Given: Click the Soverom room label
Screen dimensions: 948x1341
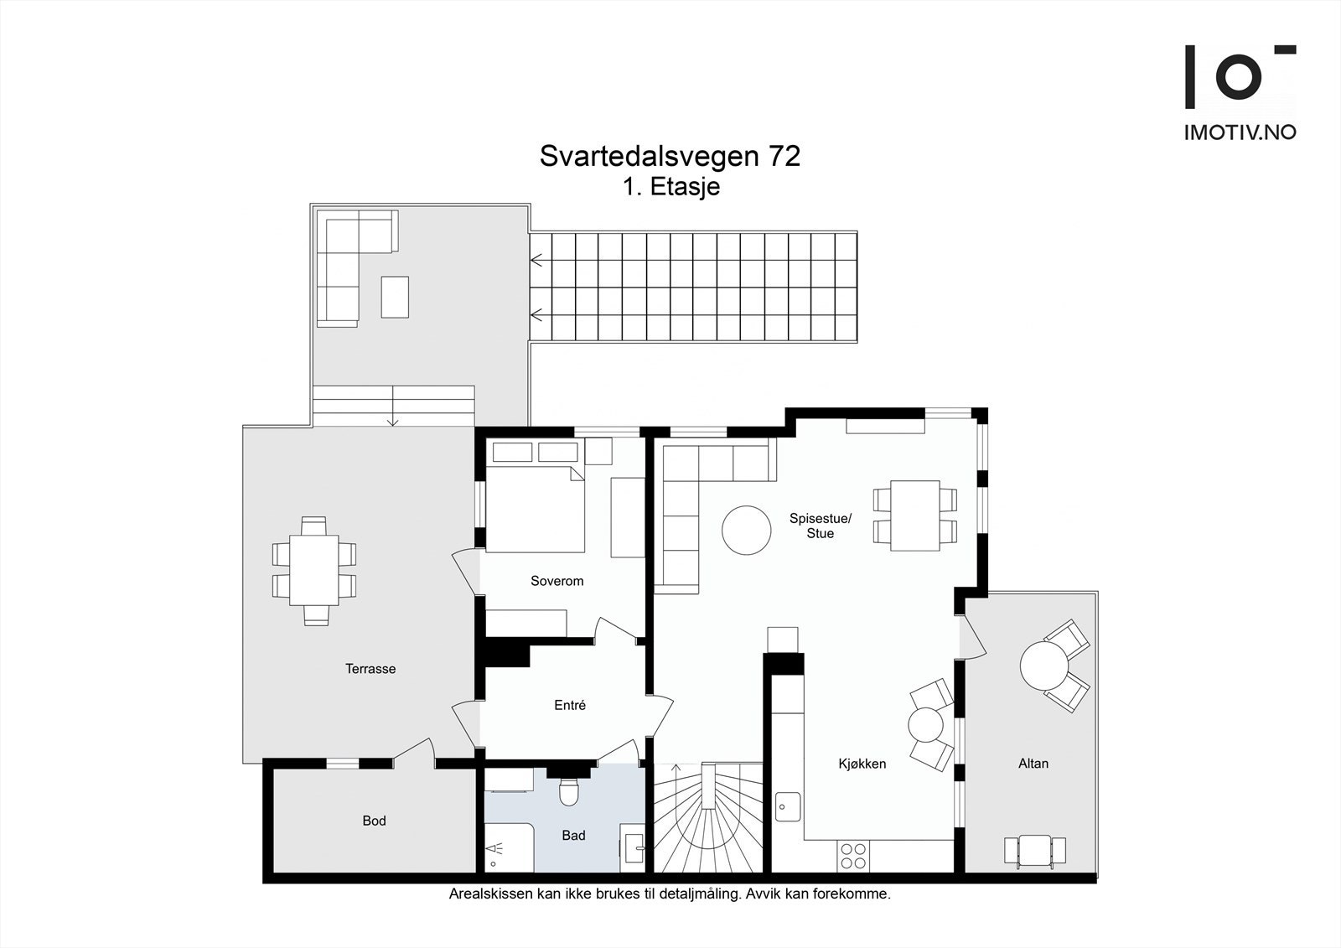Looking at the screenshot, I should tap(557, 581).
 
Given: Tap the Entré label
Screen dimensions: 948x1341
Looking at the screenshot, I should tap(570, 706).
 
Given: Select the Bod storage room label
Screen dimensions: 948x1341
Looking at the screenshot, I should tap(374, 821).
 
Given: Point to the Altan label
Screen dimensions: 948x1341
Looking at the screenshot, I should tap(1033, 764).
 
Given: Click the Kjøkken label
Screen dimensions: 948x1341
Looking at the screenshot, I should tap(862, 764).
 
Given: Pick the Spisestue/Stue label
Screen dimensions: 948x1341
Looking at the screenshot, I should tap(820, 526).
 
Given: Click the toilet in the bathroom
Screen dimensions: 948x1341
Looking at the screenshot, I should tap(569, 790).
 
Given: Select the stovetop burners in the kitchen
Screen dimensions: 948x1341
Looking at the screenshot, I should tap(853, 855).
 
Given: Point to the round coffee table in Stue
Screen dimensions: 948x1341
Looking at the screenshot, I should tap(746, 530).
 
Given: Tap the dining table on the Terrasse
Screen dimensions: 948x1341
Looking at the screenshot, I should tap(313, 570).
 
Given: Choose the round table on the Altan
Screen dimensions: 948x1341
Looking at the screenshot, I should tap(1043, 666).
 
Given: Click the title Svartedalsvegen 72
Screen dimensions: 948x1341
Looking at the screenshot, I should tap(670, 157).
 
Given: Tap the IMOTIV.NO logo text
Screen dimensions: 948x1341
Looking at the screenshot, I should tap(1240, 132).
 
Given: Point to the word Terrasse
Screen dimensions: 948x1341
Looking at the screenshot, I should tap(370, 669).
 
